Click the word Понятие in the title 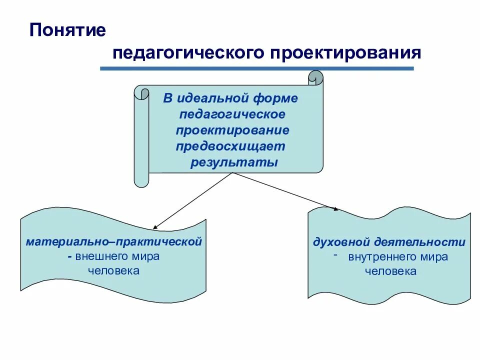coord(67,30)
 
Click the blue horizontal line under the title coord(257,68)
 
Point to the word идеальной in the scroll coord(210,98)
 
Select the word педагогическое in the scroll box coord(232,114)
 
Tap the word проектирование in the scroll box coord(232,130)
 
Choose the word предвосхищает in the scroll coord(230,146)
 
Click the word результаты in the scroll coord(233,163)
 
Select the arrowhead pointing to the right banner coord(335,208)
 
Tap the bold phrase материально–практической coord(114,241)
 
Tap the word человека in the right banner coord(390,272)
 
